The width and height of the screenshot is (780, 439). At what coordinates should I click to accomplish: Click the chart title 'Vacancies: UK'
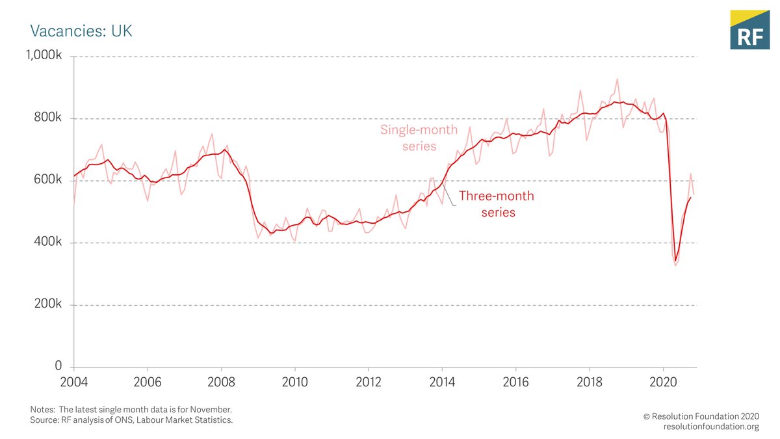(x=81, y=31)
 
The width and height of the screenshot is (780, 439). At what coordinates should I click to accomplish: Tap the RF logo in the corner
(x=749, y=30)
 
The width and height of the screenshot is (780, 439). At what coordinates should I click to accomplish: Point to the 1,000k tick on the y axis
(x=44, y=57)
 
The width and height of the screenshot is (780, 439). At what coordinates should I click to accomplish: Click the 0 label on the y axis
(x=58, y=367)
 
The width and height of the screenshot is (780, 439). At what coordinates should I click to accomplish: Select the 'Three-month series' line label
(x=497, y=204)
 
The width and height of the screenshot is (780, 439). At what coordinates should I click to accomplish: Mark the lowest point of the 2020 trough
(x=675, y=265)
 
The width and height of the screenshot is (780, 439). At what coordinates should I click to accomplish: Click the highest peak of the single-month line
(x=617, y=79)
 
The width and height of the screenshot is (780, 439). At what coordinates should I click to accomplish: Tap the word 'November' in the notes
(x=208, y=410)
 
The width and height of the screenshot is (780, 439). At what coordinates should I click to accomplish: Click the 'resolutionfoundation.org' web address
(x=711, y=427)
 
